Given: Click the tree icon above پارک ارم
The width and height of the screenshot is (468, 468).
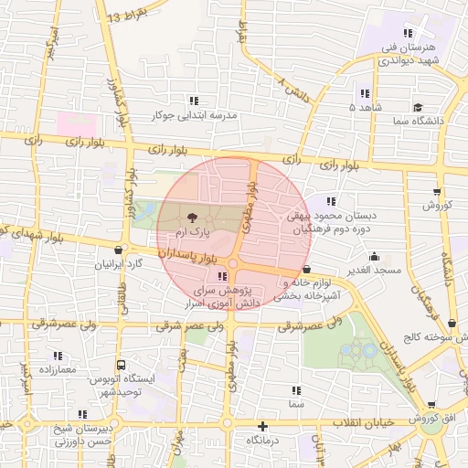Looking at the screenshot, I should coord(192,218).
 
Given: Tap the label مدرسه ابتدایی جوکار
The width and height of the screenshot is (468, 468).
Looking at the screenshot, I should coord(193,117).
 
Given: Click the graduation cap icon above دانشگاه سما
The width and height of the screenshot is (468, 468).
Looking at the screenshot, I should coord(417,106).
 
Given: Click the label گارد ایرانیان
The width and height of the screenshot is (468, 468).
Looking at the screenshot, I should coord(118,264).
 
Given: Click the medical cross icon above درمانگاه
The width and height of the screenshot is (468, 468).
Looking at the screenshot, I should coord(263,426).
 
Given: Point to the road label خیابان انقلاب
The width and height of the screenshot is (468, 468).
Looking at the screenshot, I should coord(362,421).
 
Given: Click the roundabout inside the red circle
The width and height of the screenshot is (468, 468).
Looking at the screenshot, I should coord(233,264).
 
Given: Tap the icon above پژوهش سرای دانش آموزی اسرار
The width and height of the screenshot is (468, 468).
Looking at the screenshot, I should coord(223,276).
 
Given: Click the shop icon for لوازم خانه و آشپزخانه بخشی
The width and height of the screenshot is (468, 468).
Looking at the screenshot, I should coord(306,270).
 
